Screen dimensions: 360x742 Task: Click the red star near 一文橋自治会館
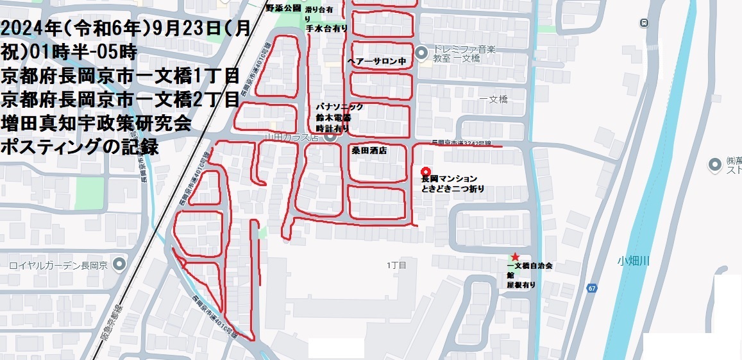[x=514, y=256]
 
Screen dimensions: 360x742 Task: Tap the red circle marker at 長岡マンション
[x=425, y=171]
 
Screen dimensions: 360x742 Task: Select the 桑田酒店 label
[x=369, y=150]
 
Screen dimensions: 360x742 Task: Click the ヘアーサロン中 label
[x=377, y=62]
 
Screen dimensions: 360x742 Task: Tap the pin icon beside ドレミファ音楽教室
[x=421, y=53]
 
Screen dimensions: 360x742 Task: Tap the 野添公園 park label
[x=283, y=8]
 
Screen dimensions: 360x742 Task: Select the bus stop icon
[x=643, y=23]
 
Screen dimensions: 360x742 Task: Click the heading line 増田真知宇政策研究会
[x=97, y=123]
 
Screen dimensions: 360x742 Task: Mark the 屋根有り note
[x=521, y=285]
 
